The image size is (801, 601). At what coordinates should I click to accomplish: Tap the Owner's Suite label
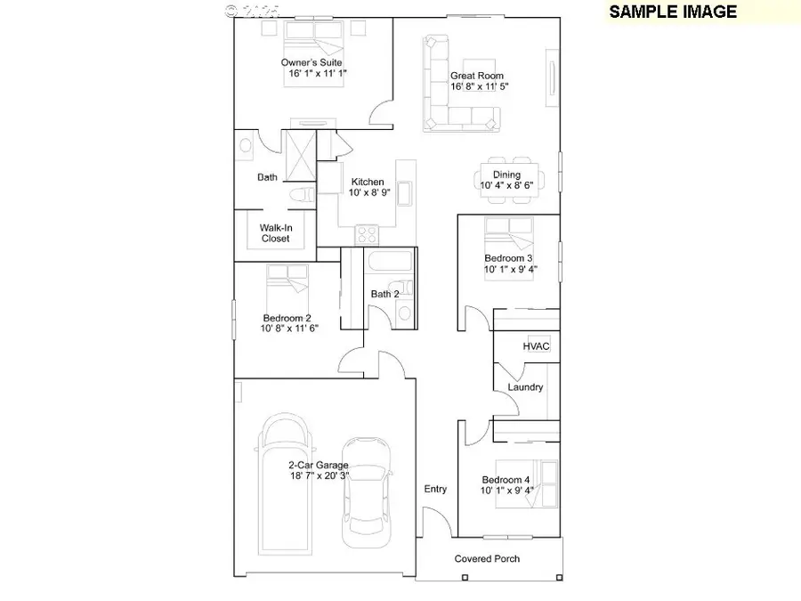(311, 62)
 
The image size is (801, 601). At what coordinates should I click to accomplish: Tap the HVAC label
(536, 345)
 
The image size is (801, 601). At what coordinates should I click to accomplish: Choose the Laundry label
(525, 387)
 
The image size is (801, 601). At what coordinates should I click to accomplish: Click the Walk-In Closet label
(276, 233)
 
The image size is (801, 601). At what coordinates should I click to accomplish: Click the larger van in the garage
(287, 485)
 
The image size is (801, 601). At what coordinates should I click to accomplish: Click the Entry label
(435, 489)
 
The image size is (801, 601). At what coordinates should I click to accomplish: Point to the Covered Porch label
(487, 558)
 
